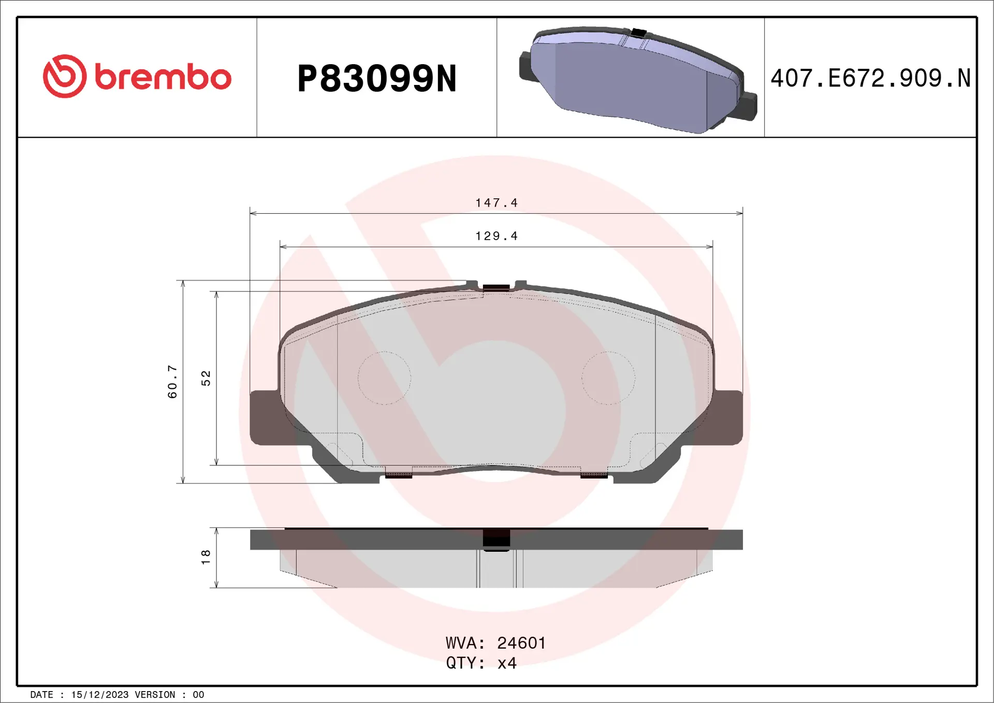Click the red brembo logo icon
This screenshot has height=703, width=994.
click(x=65, y=76)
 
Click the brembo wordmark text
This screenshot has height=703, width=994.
click(x=163, y=78)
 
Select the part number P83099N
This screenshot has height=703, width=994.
click(x=376, y=79)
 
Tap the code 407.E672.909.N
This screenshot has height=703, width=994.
click(x=870, y=78)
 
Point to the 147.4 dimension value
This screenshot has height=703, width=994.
click(x=496, y=202)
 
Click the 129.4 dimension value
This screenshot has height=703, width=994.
click(x=496, y=236)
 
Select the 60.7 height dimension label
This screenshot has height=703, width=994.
click(x=172, y=382)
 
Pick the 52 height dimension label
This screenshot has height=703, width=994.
click(x=206, y=378)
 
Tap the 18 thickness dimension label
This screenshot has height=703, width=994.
click(x=206, y=557)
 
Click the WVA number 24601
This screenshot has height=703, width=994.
click(x=521, y=643)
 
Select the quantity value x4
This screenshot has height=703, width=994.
click(x=507, y=663)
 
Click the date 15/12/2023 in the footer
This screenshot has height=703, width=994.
click(x=99, y=695)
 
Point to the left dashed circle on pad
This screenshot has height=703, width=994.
click(x=384, y=378)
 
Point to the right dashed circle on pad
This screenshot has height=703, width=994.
click(x=608, y=378)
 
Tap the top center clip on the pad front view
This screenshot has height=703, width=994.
click(x=496, y=287)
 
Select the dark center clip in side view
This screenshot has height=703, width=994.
click(x=496, y=539)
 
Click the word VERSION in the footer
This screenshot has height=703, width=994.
click(x=155, y=695)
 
